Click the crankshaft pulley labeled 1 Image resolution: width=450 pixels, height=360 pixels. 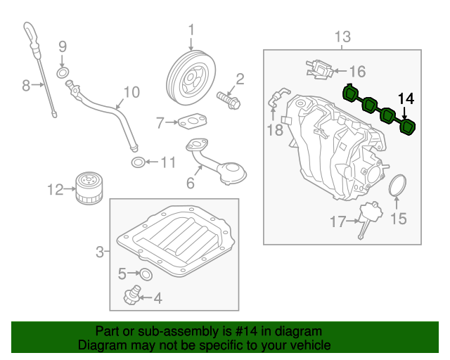pyautogui.click(x=191, y=77)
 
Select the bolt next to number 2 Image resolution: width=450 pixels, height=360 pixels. pyautogui.click(x=228, y=99)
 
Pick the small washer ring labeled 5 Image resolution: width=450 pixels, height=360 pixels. pyautogui.click(x=146, y=273)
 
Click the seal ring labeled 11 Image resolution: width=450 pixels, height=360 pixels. pyautogui.click(x=139, y=163)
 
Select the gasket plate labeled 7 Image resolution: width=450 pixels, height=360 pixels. pyautogui.click(x=188, y=124)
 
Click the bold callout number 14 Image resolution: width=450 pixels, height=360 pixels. pyautogui.click(x=406, y=98)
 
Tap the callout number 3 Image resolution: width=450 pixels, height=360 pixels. pyautogui.click(x=100, y=251)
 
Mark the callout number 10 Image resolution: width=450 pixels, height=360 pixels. pyautogui.click(x=131, y=92)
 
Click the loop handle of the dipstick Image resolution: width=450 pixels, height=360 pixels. pyautogui.click(x=29, y=31)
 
